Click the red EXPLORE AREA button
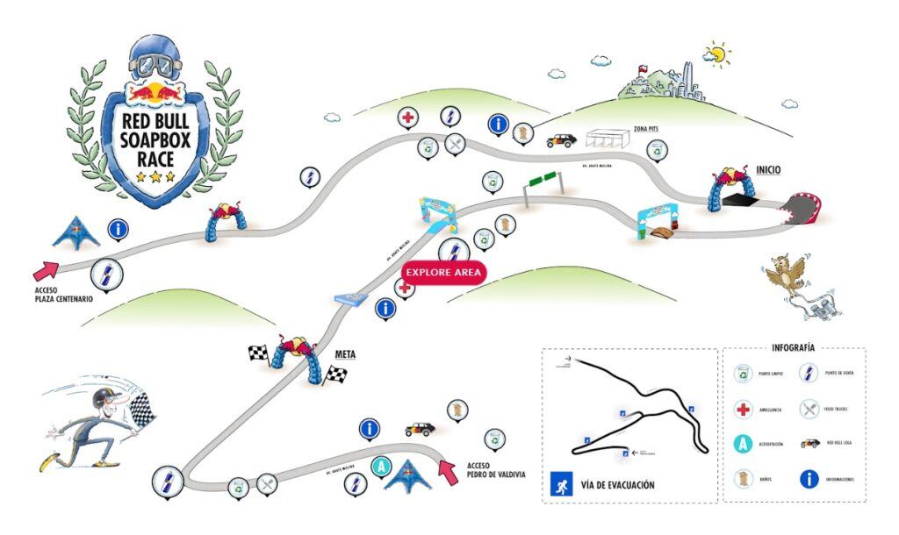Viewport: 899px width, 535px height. (443, 273)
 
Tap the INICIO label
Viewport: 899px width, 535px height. (767, 169)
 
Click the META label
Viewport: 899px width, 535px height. (345, 354)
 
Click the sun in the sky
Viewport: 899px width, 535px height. (718, 54)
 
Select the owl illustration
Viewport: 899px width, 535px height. (784, 275)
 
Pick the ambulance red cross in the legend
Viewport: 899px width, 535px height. (744, 408)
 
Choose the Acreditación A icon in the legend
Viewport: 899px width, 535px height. (744, 444)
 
